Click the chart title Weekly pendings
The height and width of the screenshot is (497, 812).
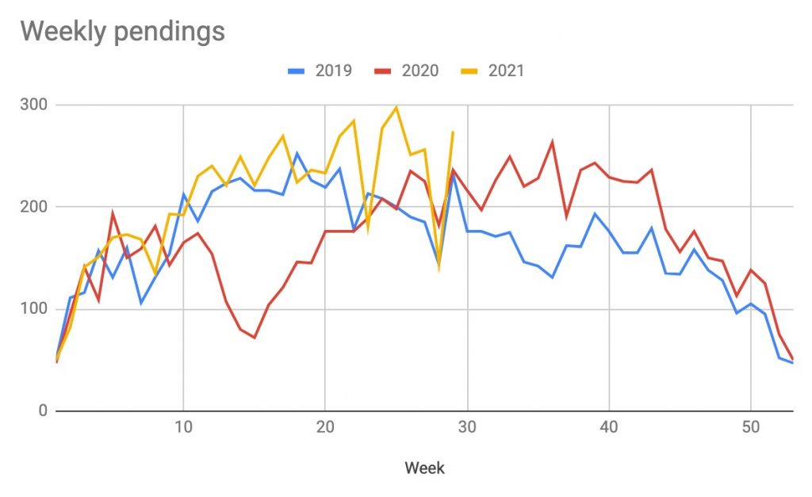122,31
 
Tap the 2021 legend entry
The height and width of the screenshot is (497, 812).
493,71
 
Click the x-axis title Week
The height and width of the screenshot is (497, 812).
424,468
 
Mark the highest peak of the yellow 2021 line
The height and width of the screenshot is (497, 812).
396,107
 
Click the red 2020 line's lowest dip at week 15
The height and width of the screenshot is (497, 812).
255,338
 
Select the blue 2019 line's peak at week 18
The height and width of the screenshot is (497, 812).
297,154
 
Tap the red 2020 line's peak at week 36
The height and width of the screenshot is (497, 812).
552,143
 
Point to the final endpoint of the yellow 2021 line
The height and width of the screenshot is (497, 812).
453,132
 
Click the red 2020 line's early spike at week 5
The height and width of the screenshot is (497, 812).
113,213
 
